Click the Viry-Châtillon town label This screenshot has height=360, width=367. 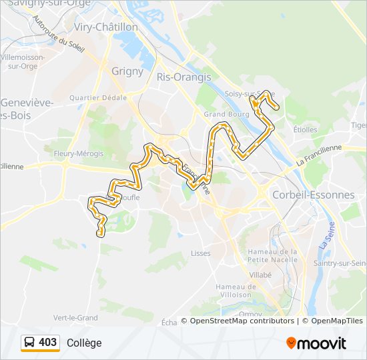click(106, 27)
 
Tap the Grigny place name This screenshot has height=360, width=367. click(127, 71)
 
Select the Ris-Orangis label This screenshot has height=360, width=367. click(183, 77)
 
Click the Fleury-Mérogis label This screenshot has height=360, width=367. click(80, 153)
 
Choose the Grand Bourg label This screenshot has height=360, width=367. click(222, 114)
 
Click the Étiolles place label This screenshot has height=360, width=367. click(305, 130)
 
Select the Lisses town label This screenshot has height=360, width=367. click(200, 253)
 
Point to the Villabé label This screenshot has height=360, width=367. click(260, 275)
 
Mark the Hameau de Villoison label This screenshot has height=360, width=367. click(234, 291)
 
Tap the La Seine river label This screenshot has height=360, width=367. click(327, 237)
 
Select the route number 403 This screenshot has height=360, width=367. click(48, 343)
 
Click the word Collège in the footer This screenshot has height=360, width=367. click(84, 343)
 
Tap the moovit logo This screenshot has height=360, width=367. click(316, 343)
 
